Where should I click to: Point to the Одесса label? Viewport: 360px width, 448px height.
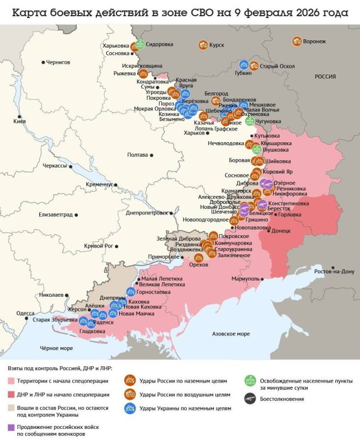click(25, 313)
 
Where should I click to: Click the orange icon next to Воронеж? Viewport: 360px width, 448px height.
click(296, 41)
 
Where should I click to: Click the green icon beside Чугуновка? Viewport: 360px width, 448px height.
click(250, 121)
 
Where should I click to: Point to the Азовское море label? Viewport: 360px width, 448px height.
click(231, 334)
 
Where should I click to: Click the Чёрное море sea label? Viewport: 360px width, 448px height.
click(56, 348)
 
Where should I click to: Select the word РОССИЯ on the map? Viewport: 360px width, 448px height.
click(325, 77)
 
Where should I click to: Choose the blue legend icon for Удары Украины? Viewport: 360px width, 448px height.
click(129, 408)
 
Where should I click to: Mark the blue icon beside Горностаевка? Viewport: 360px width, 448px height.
click(130, 291)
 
